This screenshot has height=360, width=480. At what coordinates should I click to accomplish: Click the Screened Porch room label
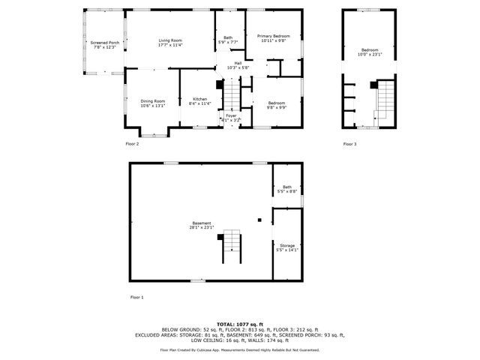click(104, 44)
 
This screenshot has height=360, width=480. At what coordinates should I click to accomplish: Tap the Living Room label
click(169, 42)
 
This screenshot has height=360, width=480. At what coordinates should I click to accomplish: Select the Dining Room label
click(152, 103)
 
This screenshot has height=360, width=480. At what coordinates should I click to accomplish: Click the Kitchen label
click(199, 101)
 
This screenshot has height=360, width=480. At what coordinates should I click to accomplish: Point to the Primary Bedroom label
click(273, 38)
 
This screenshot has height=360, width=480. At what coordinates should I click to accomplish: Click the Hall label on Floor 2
click(238, 65)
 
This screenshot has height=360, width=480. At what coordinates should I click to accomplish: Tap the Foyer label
click(231, 117)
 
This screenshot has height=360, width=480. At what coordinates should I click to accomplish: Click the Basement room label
click(201, 224)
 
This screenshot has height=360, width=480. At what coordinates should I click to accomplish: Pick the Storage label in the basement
click(287, 247)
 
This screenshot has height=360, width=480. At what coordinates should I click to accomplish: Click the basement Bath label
click(287, 190)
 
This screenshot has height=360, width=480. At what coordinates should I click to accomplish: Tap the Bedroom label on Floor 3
click(370, 52)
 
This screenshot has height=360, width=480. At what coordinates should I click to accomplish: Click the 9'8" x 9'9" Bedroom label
click(276, 104)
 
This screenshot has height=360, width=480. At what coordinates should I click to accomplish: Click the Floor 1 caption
click(136, 298)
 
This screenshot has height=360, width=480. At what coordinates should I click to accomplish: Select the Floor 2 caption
click(132, 143)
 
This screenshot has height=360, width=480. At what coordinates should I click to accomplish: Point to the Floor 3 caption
click(350, 143)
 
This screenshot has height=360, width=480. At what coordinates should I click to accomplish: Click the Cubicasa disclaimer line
click(240, 349)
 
